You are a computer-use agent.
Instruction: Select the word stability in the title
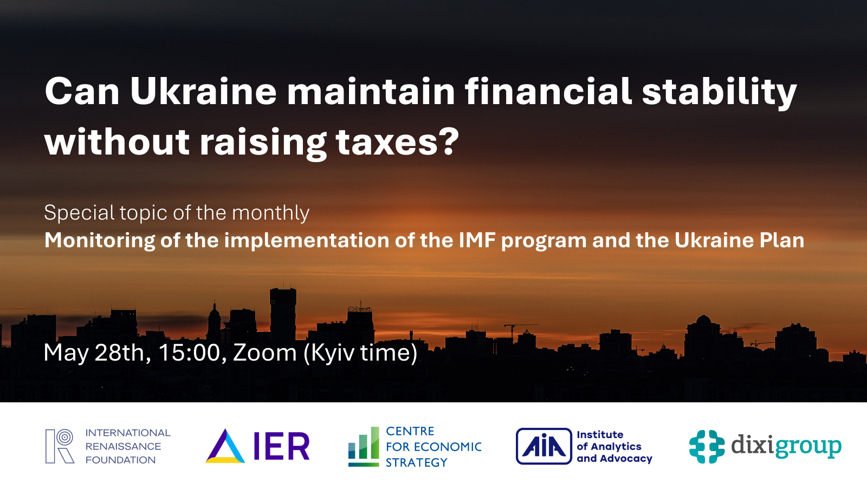click(719, 92)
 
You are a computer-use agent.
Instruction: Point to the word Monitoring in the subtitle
click(100, 241)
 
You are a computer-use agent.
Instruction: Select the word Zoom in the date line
click(265, 353)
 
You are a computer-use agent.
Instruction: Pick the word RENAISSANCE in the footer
click(123, 446)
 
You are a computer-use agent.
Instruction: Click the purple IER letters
click(281, 446)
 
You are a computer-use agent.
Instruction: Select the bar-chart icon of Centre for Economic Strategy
click(363, 446)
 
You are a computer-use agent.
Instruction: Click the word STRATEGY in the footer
click(416, 463)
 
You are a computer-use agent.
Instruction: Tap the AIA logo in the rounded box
click(544, 446)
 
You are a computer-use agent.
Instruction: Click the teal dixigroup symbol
click(707, 446)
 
